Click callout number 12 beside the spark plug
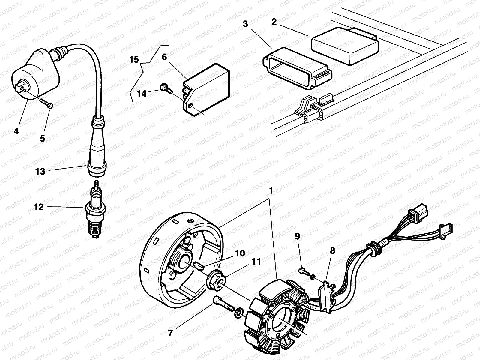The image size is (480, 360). tap(39, 207)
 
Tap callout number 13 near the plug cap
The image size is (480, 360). tap(40, 171)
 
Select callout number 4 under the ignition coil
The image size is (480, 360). tap(16, 131)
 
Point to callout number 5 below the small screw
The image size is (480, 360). tap(42, 138)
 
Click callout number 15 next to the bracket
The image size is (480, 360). tap(134, 60)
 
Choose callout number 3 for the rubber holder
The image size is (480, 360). tap(245, 25)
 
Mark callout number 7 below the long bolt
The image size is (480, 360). tap(170, 333)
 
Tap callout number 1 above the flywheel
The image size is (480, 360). tap(271, 190)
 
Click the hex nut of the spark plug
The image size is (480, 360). tap(95, 209)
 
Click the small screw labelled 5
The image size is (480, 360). tap(46, 103)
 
